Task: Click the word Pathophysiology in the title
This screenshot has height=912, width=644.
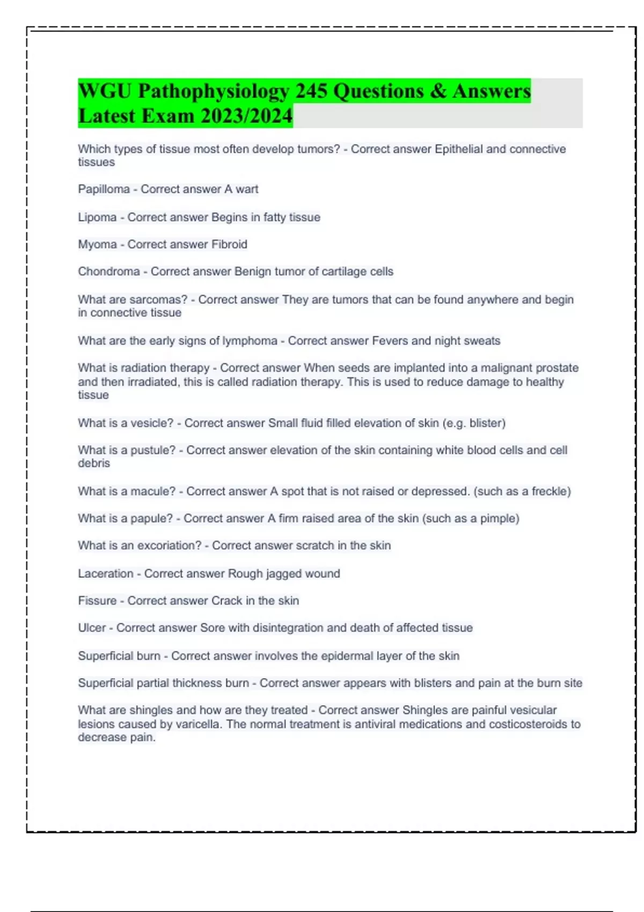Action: (214, 91)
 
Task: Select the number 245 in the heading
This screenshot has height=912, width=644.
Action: (311, 91)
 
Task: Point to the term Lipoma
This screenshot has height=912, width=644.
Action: (97, 217)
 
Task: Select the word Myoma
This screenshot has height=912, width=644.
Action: (97, 245)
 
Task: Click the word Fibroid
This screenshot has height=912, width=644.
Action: (229, 245)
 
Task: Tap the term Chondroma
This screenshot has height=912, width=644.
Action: (109, 271)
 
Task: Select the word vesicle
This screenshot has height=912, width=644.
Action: (153, 423)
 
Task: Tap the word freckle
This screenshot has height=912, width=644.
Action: (550, 491)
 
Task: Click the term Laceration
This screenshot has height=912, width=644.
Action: (106, 573)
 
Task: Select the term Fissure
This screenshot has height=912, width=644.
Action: (97, 601)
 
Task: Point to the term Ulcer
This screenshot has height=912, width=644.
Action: (92, 628)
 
